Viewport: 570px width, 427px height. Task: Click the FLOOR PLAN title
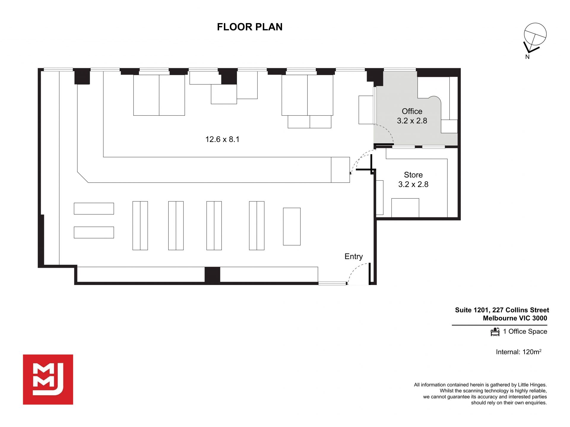pyautogui.click(x=250, y=27)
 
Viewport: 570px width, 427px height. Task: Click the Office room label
pyautogui.click(x=412, y=111)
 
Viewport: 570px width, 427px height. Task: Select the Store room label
pyautogui.click(x=413, y=175)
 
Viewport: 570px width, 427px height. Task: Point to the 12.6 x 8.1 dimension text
pyautogui.click(x=222, y=139)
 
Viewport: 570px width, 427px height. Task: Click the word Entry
pyautogui.click(x=354, y=256)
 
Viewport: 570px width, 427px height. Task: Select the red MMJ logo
pyautogui.click(x=48, y=380)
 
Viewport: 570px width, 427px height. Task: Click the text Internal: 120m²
pyautogui.click(x=519, y=352)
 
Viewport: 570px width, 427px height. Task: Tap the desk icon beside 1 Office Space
pyautogui.click(x=495, y=332)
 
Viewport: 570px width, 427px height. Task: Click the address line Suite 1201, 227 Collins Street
pyautogui.click(x=502, y=310)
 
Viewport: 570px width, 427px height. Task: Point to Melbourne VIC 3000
pyautogui.click(x=515, y=318)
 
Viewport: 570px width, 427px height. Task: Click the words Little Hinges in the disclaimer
pyautogui.click(x=532, y=385)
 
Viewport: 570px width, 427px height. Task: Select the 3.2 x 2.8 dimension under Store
pyautogui.click(x=413, y=184)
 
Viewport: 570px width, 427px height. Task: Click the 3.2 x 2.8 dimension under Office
pyautogui.click(x=412, y=121)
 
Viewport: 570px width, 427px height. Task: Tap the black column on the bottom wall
pyautogui.click(x=212, y=275)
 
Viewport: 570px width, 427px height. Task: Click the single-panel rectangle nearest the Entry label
pyautogui.click(x=292, y=227)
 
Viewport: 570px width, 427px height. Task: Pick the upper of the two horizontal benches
pyautogui.click(x=94, y=208)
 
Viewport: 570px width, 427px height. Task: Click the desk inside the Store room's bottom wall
pyautogui.click(x=405, y=208)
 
